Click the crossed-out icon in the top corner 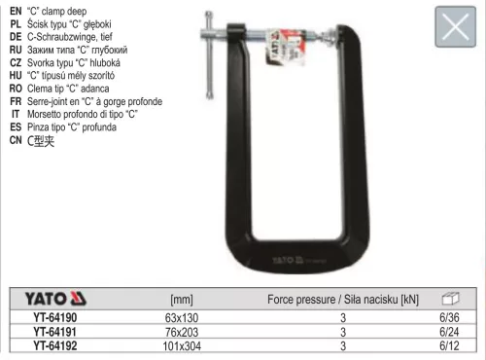pos(452,28)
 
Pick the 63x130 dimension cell pos(182,317)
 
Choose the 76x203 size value pos(182,331)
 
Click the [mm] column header pos(182,300)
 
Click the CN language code pos(16,139)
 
